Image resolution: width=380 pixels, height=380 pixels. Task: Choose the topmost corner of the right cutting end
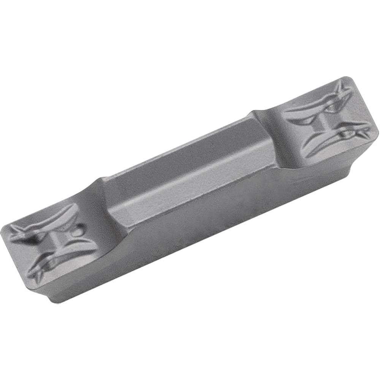click(x=347, y=78)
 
